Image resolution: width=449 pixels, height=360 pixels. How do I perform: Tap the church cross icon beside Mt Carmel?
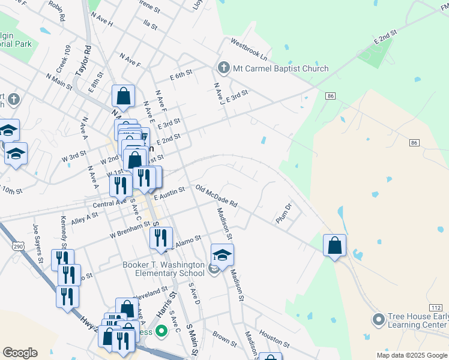(x=223, y=67)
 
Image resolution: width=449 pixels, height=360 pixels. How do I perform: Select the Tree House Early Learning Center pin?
(x=378, y=320)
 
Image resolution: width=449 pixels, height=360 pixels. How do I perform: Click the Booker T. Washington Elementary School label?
(x=164, y=269)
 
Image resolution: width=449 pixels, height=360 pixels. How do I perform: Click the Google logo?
(x=20, y=353)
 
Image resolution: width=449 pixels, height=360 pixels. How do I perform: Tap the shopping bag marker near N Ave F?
(x=123, y=95)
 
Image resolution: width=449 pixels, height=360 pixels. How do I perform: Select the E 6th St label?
(x=180, y=74)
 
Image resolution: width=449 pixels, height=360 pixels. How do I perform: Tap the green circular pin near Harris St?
(x=161, y=331)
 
